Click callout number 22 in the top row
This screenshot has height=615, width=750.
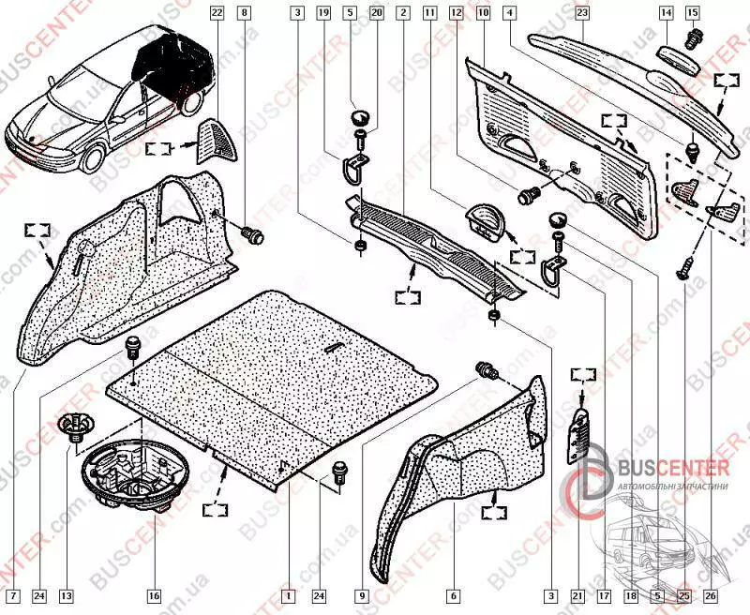coord(217,13)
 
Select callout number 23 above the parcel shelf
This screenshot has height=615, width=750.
coord(581,13)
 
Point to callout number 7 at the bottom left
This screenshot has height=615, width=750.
coord(12,595)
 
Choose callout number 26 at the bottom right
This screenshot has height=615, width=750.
coord(711,595)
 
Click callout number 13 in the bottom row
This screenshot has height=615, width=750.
coord(66,595)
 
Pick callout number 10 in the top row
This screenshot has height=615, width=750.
coord(483,13)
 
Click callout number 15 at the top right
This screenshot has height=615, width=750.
coord(693,13)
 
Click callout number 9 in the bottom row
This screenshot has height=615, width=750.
coord(360,595)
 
